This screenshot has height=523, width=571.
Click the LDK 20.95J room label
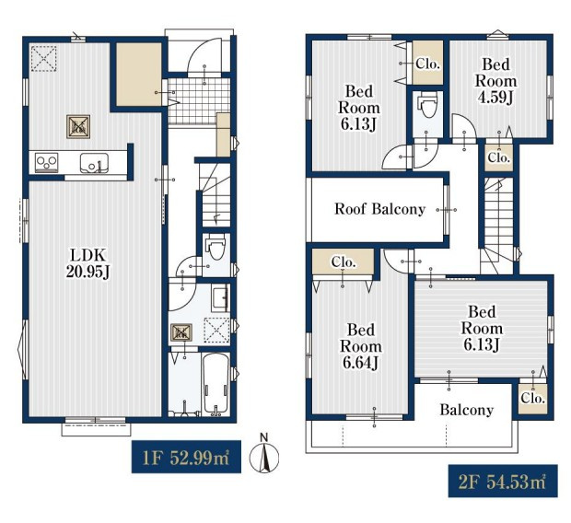pyautogui.click(x=87, y=263)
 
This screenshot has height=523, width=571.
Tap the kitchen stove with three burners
pyautogui.click(x=46, y=162)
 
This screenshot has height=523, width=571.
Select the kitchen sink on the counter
pyautogui.click(x=94, y=163)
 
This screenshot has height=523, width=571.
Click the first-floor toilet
pyautogui.click(x=216, y=246)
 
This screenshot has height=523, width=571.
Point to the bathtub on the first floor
pyautogui.click(x=216, y=384)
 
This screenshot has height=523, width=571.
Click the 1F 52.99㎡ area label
pyautogui.click(x=186, y=457)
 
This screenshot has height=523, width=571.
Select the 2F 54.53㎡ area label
pyautogui.click(x=503, y=481)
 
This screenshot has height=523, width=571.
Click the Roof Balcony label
pyautogui.click(x=379, y=209)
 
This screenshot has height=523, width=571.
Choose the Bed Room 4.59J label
pyautogui.click(x=495, y=81)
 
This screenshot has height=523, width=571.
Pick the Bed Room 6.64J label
pyautogui.click(x=360, y=346)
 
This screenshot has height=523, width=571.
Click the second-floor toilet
pyautogui.click(x=428, y=104)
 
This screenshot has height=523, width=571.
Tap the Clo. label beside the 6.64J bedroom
pyautogui.click(x=344, y=261)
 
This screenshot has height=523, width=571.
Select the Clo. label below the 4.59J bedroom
pyautogui.click(x=498, y=157)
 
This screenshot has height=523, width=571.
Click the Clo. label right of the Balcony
pyautogui.click(x=532, y=398)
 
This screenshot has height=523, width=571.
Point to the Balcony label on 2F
pyautogui.click(x=467, y=410)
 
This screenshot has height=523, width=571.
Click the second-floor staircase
pyautogui.click(x=498, y=225)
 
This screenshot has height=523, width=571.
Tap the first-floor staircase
pyautogui.click(x=216, y=195)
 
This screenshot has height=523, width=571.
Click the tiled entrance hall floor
pyautogui.click(x=199, y=101)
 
